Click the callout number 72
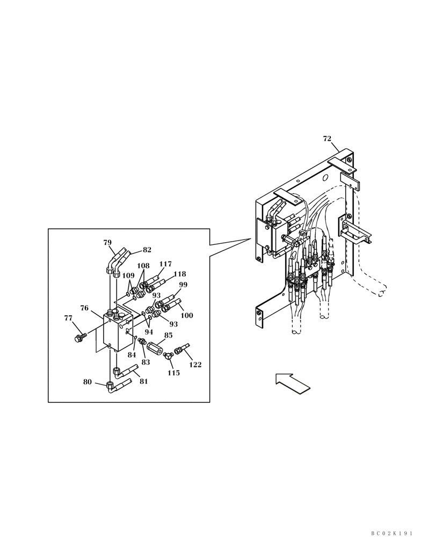point(327,139)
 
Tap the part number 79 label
point(107,243)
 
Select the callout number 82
point(147,250)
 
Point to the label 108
point(143,266)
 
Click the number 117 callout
point(165,264)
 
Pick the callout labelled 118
point(179,274)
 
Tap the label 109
point(128,276)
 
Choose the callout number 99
point(183,285)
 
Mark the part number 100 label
point(186,316)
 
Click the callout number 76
point(84,308)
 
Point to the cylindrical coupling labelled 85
point(155,347)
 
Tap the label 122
point(195,365)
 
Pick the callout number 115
point(173,373)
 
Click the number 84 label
point(132,354)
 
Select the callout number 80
point(88,382)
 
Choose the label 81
point(143,381)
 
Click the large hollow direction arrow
point(293,384)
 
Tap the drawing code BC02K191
point(391,533)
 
